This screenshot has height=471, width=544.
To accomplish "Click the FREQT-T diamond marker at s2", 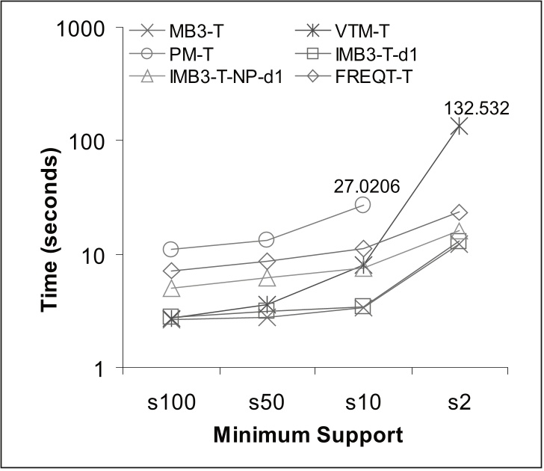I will coord(459,213).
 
